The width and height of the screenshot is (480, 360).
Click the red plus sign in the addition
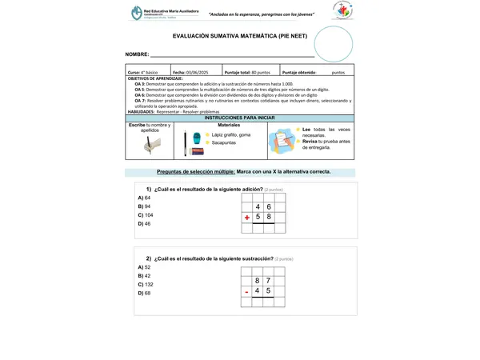(247, 218)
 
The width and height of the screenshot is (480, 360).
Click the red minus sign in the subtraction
(246, 291)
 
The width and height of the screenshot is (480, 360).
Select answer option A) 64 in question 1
(145, 197)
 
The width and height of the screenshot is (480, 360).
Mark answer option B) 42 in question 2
(145, 276)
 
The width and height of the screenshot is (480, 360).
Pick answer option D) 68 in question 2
(145, 294)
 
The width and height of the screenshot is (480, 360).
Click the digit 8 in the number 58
(270, 217)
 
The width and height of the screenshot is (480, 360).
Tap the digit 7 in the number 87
(269, 281)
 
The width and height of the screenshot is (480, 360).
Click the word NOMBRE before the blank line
(138, 54)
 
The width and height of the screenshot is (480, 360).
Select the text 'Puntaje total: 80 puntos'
(248, 72)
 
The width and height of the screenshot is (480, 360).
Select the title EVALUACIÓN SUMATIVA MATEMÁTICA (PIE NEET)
(233, 37)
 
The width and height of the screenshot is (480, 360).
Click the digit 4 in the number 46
(258, 206)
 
